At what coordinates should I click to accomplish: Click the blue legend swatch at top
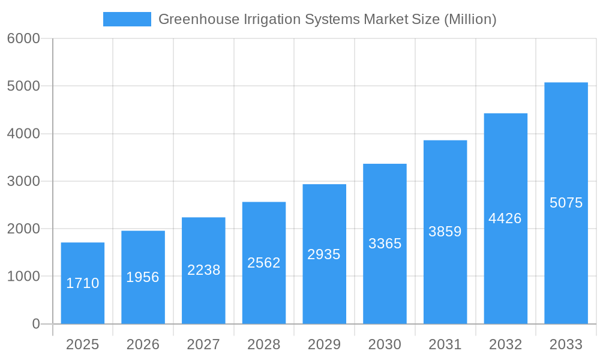(127, 19)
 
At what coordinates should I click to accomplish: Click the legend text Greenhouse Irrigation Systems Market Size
(327, 19)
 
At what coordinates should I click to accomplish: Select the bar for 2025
(83, 300)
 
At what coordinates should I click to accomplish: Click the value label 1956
(143, 277)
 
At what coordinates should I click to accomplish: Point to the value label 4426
(505, 218)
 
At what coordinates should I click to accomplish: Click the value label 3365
(385, 244)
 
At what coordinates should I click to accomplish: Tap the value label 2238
(203, 270)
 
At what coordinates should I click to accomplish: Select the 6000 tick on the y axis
(23, 38)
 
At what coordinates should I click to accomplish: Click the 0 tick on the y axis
(35, 324)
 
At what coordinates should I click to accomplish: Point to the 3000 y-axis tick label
(23, 181)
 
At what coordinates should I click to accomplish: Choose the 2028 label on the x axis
(264, 344)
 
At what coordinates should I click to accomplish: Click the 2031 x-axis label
(445, 344)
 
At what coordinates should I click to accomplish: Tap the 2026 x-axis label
(143, 344)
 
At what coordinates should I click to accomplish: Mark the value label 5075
(566, 203)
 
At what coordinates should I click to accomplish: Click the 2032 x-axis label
(505, 344)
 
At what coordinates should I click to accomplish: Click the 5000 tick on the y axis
(23, 86)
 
